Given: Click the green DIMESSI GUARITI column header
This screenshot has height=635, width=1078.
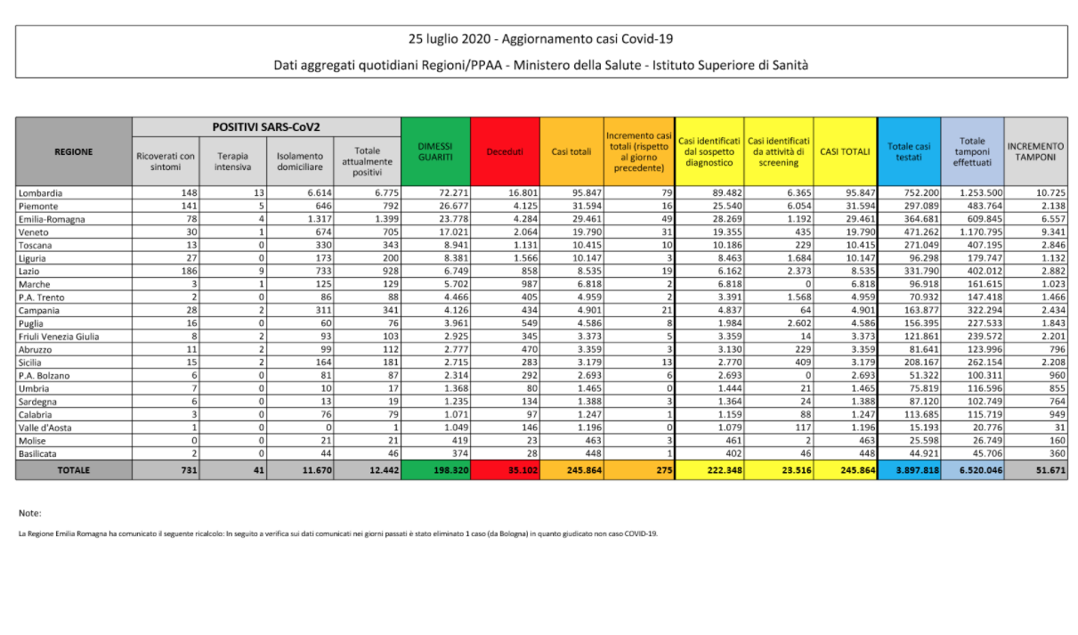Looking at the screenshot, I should [435, 151].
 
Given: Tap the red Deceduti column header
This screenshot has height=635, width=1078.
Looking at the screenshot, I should [505, 151].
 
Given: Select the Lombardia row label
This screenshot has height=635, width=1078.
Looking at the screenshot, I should [40, 192].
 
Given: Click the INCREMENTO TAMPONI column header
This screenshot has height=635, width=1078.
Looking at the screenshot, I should [1035, 151].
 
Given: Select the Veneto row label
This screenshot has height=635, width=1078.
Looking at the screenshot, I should [34, 232].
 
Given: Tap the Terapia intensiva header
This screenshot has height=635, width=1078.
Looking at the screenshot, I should [231, 161].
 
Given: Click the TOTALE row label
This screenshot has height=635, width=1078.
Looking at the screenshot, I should [74, 469].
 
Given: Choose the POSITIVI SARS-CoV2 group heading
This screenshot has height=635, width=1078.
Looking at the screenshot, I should [266, 127].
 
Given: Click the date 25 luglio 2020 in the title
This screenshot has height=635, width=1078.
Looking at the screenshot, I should [451, 39].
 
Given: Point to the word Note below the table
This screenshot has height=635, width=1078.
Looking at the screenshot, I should [29, 513].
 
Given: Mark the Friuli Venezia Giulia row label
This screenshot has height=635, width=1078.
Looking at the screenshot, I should [58, 336].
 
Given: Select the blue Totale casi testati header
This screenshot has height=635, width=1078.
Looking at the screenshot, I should [909, 151].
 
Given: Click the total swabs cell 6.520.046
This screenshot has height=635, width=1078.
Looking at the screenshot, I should [973, 469].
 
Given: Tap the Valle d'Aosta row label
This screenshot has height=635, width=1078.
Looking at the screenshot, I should [45, 427].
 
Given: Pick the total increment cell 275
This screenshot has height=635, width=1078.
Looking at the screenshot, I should [660, 469].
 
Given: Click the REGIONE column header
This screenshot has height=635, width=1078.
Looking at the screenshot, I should [74, 151].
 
